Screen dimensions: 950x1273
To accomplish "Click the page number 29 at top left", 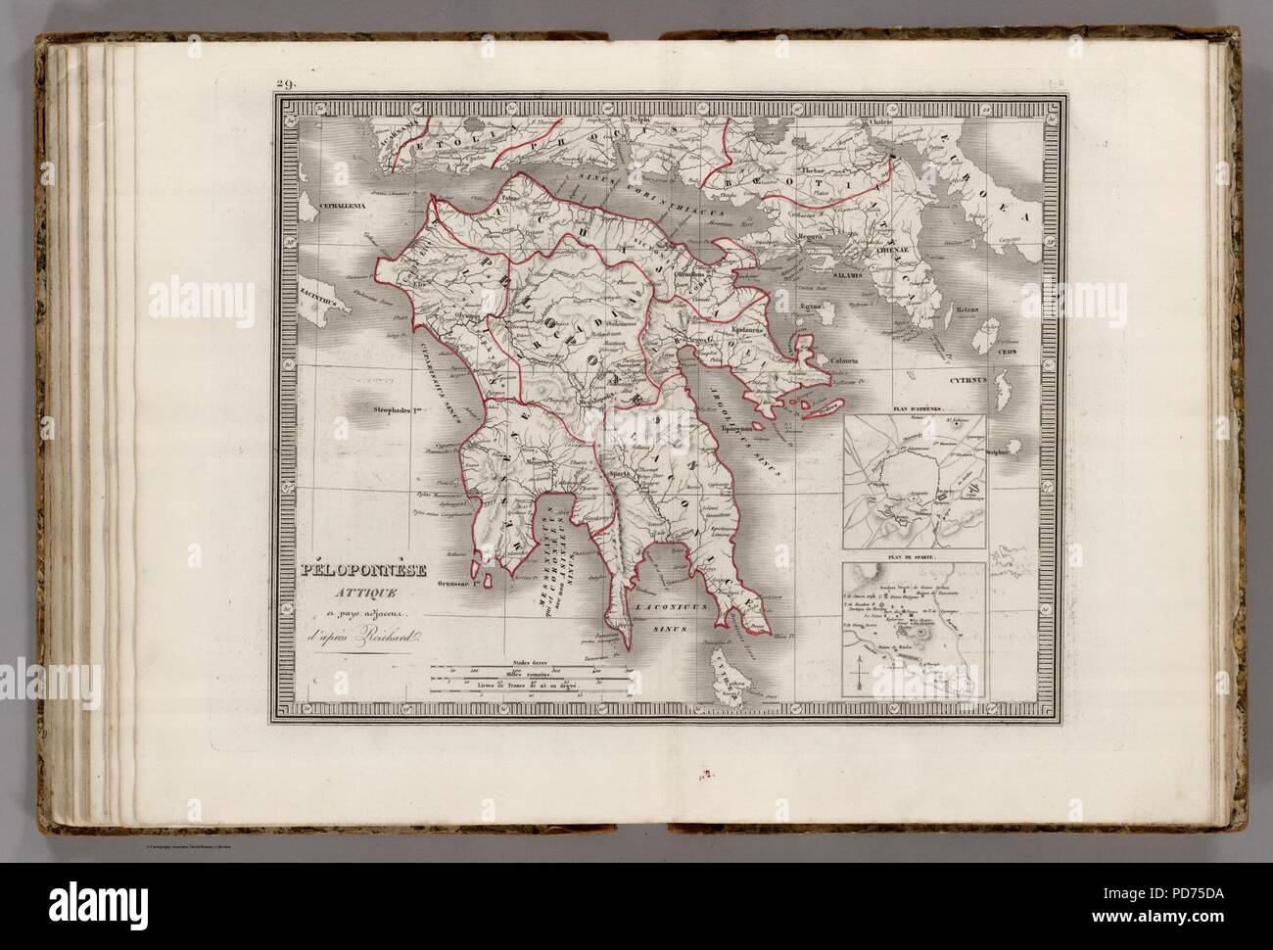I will click(286, 84).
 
